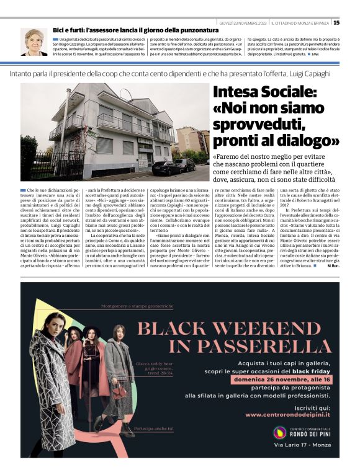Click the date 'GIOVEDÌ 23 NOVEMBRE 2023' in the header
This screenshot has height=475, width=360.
pos(245,23)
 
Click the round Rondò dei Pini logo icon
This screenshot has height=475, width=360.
pos(279,432)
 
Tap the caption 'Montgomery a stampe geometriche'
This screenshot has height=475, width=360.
pos(136,306)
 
